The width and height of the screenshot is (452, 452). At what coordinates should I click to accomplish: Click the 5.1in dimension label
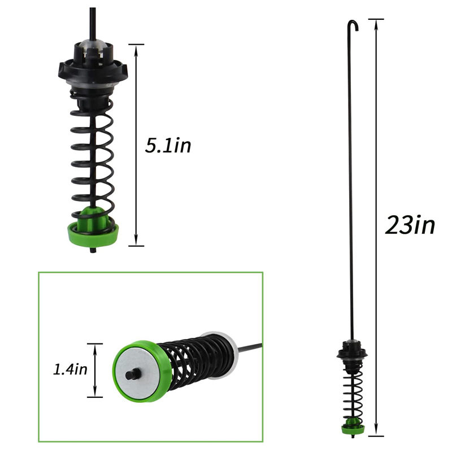pos(168,146)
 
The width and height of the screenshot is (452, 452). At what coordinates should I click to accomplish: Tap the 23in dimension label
pos(410,225)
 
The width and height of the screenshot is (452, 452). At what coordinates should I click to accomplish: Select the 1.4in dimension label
pos(70,370)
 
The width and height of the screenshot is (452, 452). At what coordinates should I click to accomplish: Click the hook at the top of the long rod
pos(353,25)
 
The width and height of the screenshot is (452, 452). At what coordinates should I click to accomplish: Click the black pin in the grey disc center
pos(133,375)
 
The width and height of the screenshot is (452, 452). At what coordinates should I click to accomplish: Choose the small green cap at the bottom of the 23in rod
pos(353,428)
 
